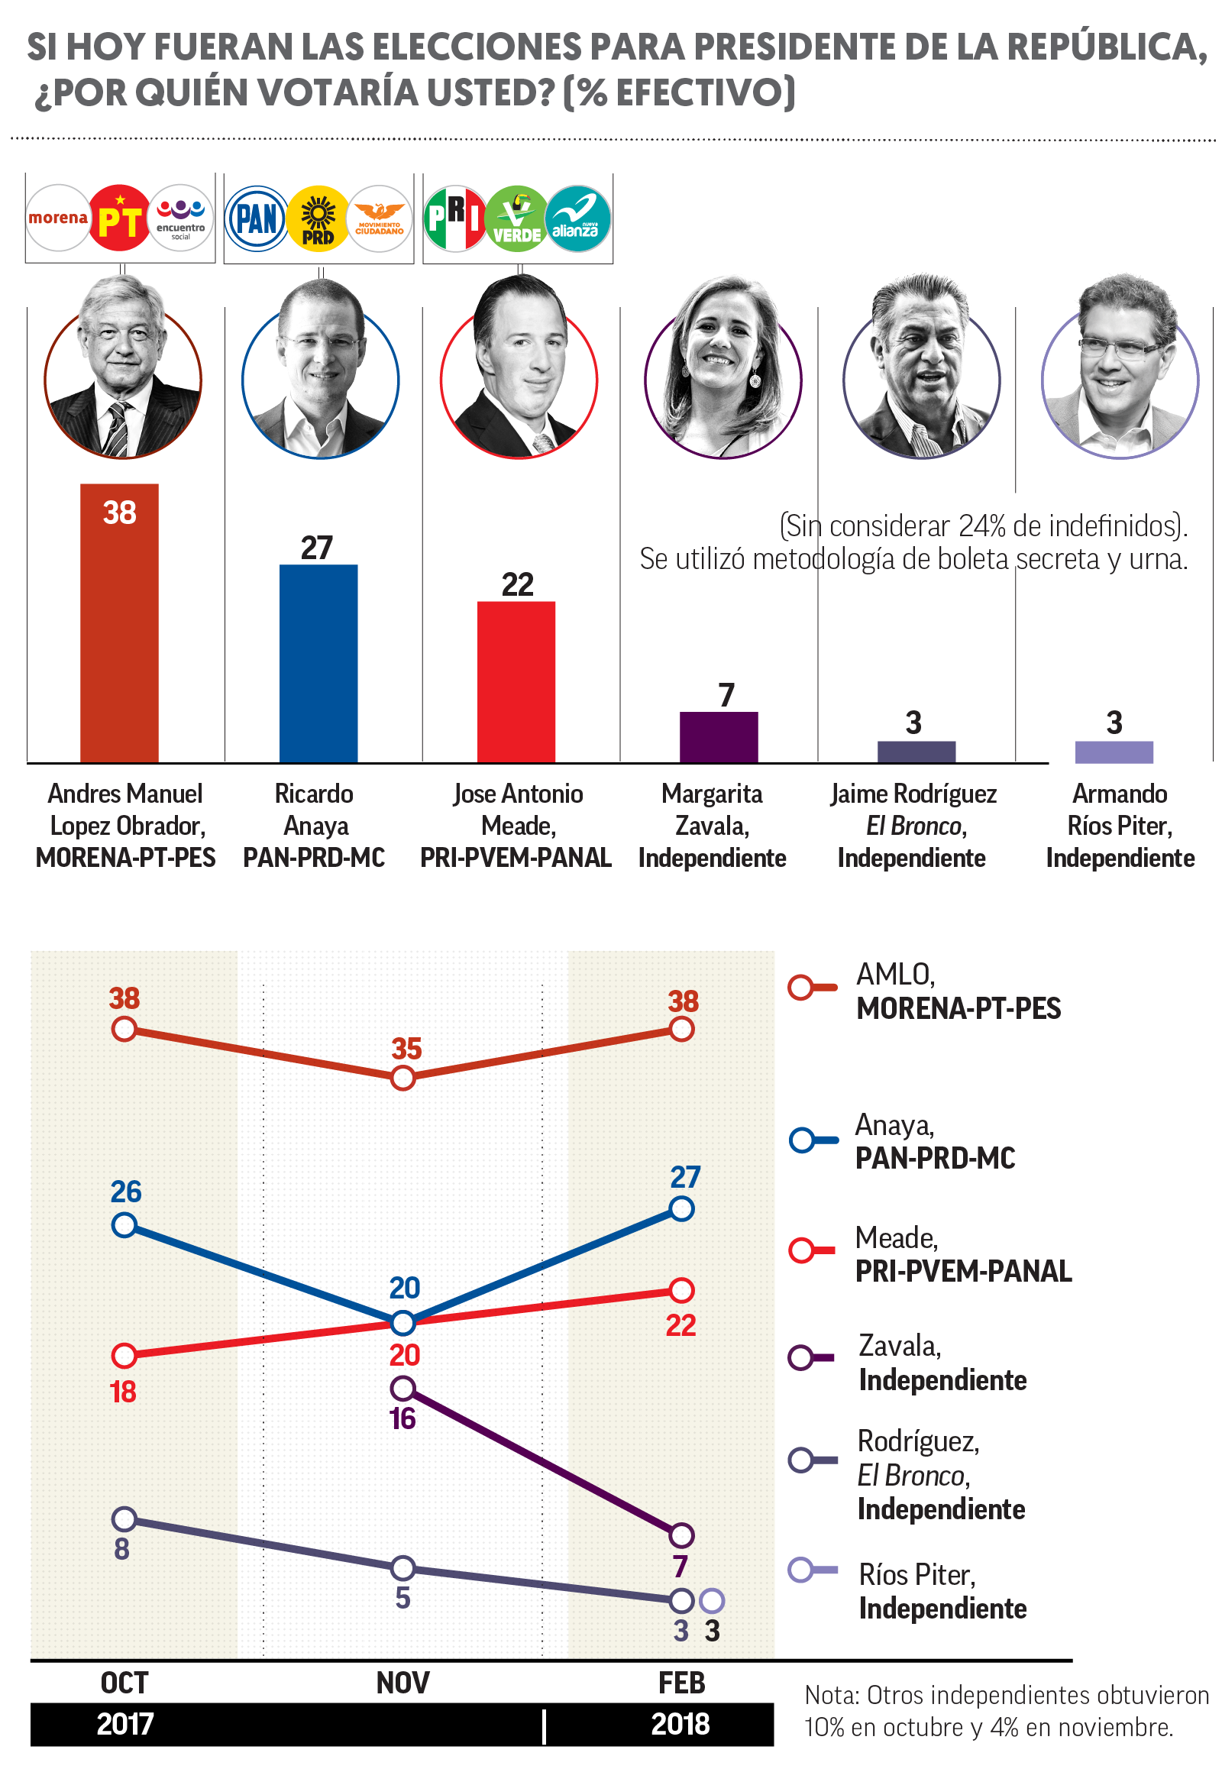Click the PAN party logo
click(257, 219)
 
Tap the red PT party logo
click(119, 218)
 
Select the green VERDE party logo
click(517, 219)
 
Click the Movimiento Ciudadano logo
click(380, 219)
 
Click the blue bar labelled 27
click(318, 663)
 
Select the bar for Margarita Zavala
click(719, 736)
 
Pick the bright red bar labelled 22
click(516, 681)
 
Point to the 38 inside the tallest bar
click(119, 513)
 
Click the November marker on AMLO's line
click(402, 1079)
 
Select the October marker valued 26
click(124, 1225)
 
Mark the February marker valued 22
click(681, 1290)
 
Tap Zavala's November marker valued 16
click(402, 1388)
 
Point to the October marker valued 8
click(124, 1518)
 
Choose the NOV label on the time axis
click(402, 1683)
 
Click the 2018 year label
click(681, 1724)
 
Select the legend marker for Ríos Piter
click(802, 1570)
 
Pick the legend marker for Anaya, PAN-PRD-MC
click(802, 1140)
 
